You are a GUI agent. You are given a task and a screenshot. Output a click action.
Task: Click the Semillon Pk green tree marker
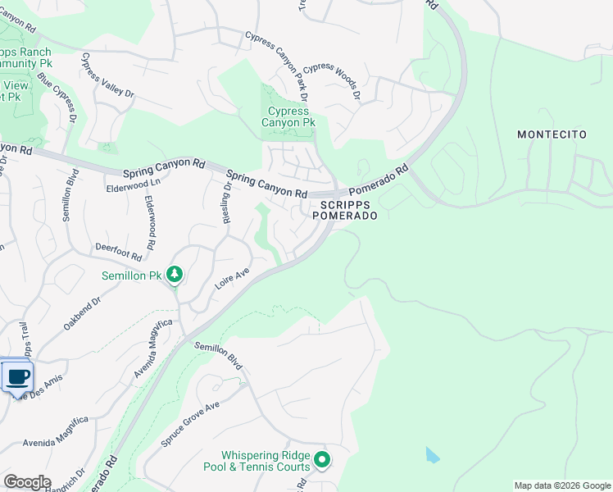(x=174, y=274)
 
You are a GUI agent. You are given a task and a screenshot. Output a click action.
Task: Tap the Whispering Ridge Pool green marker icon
(x=322, y=461)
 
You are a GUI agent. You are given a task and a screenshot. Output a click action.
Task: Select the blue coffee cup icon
(x=17, y=377)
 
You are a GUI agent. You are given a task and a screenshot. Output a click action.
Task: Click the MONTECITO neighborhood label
(x=552, y=134)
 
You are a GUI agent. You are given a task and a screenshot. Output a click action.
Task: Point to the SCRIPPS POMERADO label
(x=345, y=209)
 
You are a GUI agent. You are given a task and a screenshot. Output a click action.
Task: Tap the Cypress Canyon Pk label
(x=288, y=117)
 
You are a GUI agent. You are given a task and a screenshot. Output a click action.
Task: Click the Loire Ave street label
(x=232, y=279)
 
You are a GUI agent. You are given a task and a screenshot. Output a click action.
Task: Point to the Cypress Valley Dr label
(x=107, y=77)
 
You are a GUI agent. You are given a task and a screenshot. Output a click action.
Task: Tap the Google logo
(x=27, y=482)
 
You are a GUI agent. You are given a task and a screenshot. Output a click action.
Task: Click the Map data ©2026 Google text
(x=561, y=485)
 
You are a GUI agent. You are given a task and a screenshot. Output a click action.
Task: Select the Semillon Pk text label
(x=131, y=276)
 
